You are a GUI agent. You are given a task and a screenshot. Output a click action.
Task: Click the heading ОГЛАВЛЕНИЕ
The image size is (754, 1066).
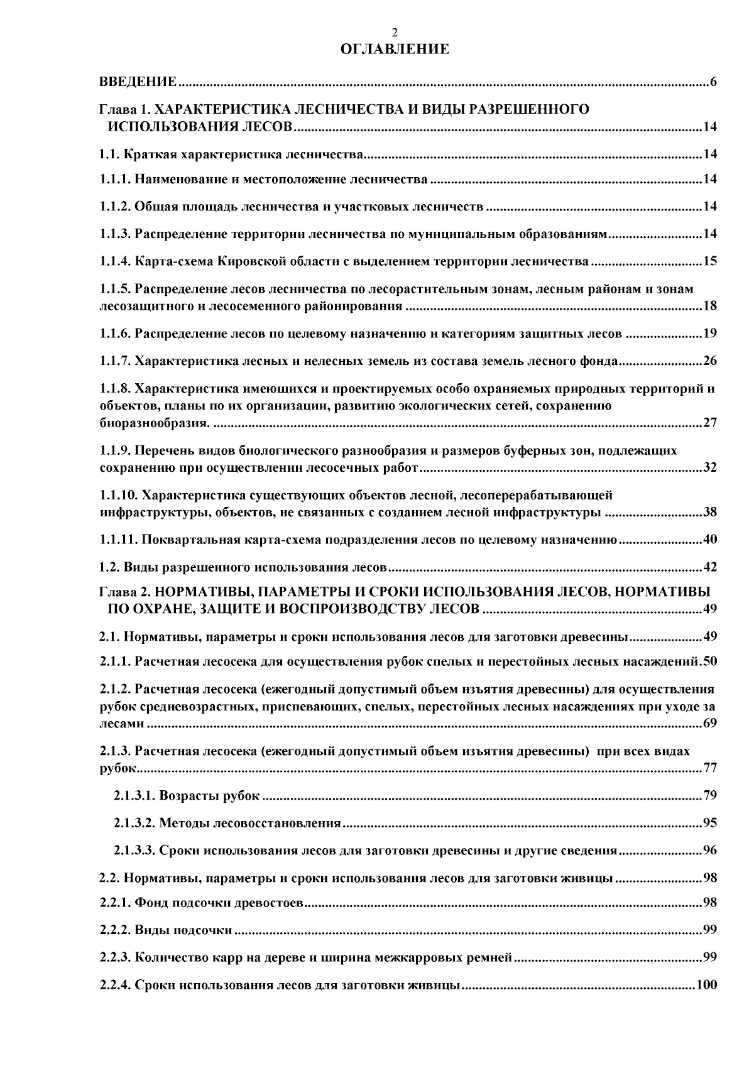tap(394, 49)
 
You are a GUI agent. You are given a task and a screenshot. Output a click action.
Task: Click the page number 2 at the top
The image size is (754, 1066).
tap(394, 33)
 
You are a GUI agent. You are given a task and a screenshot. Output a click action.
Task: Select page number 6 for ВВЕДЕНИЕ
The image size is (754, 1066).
tap(713, 82)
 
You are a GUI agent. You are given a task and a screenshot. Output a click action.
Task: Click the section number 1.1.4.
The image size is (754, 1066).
tap(116, 261)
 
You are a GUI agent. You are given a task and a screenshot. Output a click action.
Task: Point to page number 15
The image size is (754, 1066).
tap(710, 261)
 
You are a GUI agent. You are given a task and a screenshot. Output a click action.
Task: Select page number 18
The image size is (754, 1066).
tap(710, 307)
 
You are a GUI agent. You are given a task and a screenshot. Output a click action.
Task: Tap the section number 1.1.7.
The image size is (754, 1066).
tap(116, 361)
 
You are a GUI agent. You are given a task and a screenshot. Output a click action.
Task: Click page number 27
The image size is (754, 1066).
tap(710, 423)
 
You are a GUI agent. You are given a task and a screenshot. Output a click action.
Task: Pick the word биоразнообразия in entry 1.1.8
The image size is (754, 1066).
tap(153, 423)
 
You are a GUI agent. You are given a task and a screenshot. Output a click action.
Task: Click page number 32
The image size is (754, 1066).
tap(710, 468)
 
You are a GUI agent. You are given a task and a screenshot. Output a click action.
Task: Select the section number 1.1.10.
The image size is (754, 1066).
tap(119, 496)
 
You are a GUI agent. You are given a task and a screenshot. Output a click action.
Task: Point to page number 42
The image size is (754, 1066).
tap(710, 568)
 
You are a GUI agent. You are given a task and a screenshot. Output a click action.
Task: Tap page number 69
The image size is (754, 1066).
tap(710, 724)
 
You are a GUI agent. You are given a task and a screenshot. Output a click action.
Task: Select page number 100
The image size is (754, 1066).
tap(707, 984)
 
